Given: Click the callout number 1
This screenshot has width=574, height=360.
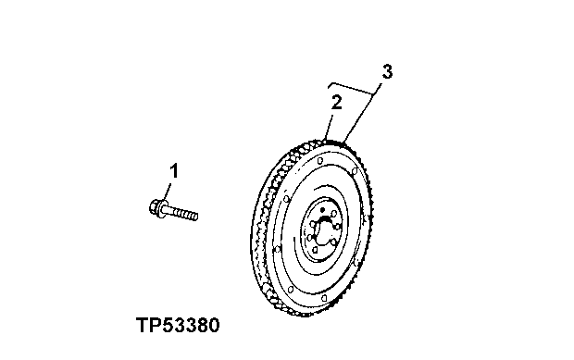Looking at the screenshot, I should [173, 170].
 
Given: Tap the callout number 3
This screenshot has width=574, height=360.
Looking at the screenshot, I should [387, 72].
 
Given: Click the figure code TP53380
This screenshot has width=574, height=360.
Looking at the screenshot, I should [178, 326].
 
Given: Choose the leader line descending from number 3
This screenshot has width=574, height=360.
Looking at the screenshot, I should [362, 117].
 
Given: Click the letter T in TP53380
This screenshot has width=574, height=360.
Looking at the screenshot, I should [142, 326].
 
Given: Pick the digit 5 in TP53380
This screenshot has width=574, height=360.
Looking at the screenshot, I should [168, 326].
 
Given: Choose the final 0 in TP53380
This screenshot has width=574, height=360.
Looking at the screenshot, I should [213, 326].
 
